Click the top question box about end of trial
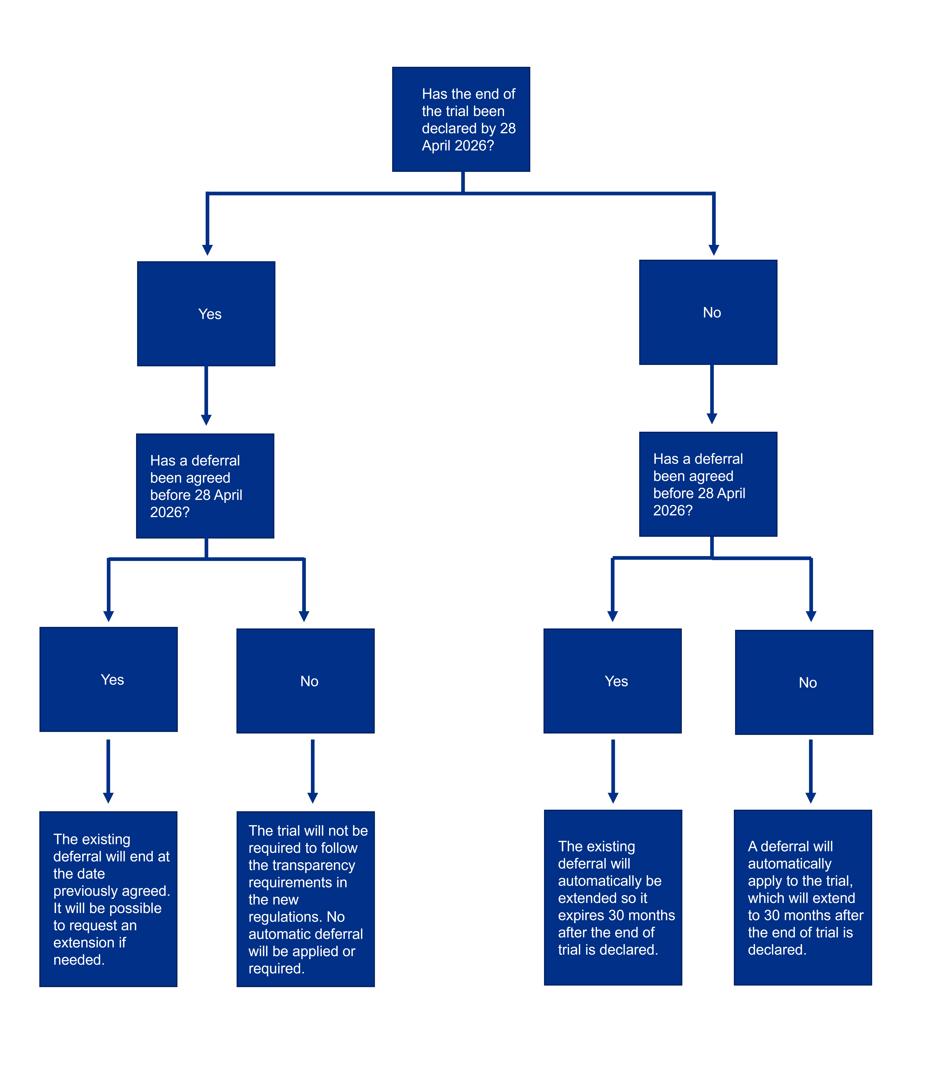pyautogui.click(x=461, y=119)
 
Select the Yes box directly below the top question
pyautogui.click(x=206, y=314)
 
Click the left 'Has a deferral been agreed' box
pyautogui.click(x=205, y=486)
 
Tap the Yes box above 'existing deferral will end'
pyautogui.click(x=109, y=679)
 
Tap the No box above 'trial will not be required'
pyautogui.click(x=306, y=681)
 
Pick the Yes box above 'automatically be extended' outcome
pyautogui.click(x=613, y=681)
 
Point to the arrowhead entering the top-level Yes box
pyautogui.click(x=208, y=250)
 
